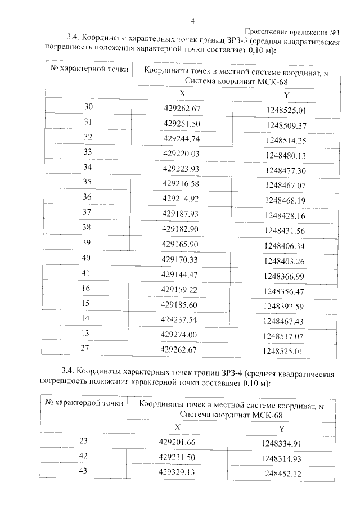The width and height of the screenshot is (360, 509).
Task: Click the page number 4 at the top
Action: tap(193, 21)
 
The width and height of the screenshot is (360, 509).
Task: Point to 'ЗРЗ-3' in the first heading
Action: tap(236, 39)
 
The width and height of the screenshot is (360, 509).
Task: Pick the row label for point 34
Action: tap(87, 167)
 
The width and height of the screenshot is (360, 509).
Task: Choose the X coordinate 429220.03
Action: tap(182, 153)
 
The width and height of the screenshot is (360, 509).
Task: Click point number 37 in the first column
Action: tap(87, 212)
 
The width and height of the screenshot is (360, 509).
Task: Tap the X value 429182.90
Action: tap(182, 229)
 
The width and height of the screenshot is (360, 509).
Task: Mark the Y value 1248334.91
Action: tap(282, 444)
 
